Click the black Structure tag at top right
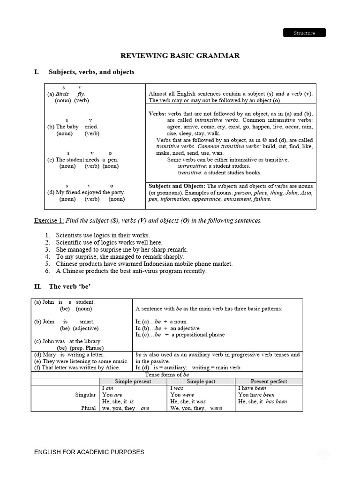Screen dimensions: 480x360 tap(304, 33)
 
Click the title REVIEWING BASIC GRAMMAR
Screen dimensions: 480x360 tap(180, 56)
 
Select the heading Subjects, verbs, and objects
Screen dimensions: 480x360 tap(91, 72)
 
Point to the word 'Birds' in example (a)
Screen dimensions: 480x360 tap(62, 94)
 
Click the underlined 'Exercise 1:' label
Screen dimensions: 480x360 tap(49, 220)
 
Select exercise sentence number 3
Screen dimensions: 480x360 tap(121, 249)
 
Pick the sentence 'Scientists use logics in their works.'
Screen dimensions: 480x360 tap(103, 235)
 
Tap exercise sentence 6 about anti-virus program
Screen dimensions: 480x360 tap(131, 271)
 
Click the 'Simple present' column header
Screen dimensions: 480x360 tap(133, 382)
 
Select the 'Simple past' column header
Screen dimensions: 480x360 tap(201, 382)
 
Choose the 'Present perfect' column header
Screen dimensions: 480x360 tap(269, 382)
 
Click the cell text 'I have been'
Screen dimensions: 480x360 tap(252, 388)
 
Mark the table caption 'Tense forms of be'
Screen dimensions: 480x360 tap(167, 375)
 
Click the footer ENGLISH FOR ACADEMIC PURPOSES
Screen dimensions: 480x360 tap(89, 452)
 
